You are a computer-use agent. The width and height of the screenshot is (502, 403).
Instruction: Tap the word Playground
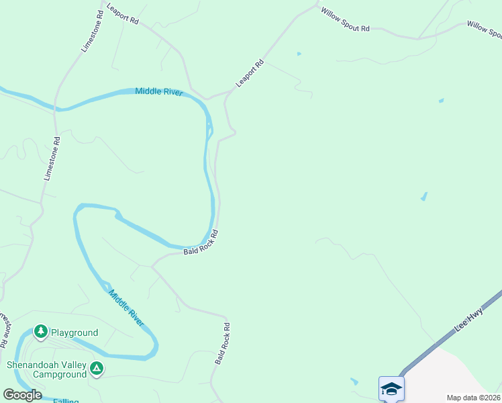[74, 332]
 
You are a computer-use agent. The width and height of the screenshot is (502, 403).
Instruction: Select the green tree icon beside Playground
[41, 332]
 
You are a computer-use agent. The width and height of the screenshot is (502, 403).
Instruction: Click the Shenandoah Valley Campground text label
[47, 369]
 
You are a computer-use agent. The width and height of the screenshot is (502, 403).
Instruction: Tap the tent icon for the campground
[97, 367]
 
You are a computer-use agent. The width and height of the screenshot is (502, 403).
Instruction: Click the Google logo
[22, 395]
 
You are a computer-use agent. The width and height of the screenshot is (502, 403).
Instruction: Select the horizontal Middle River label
[159, 91]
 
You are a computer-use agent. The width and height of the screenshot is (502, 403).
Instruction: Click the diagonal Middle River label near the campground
[126, 308]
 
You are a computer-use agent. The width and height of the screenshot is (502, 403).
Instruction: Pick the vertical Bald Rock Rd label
[223, 344]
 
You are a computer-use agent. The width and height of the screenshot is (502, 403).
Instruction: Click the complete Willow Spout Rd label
[345, 20]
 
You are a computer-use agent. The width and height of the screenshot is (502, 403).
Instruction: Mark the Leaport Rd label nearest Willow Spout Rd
[250, 74]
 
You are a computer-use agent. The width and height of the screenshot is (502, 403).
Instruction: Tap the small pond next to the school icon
[354, 381]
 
